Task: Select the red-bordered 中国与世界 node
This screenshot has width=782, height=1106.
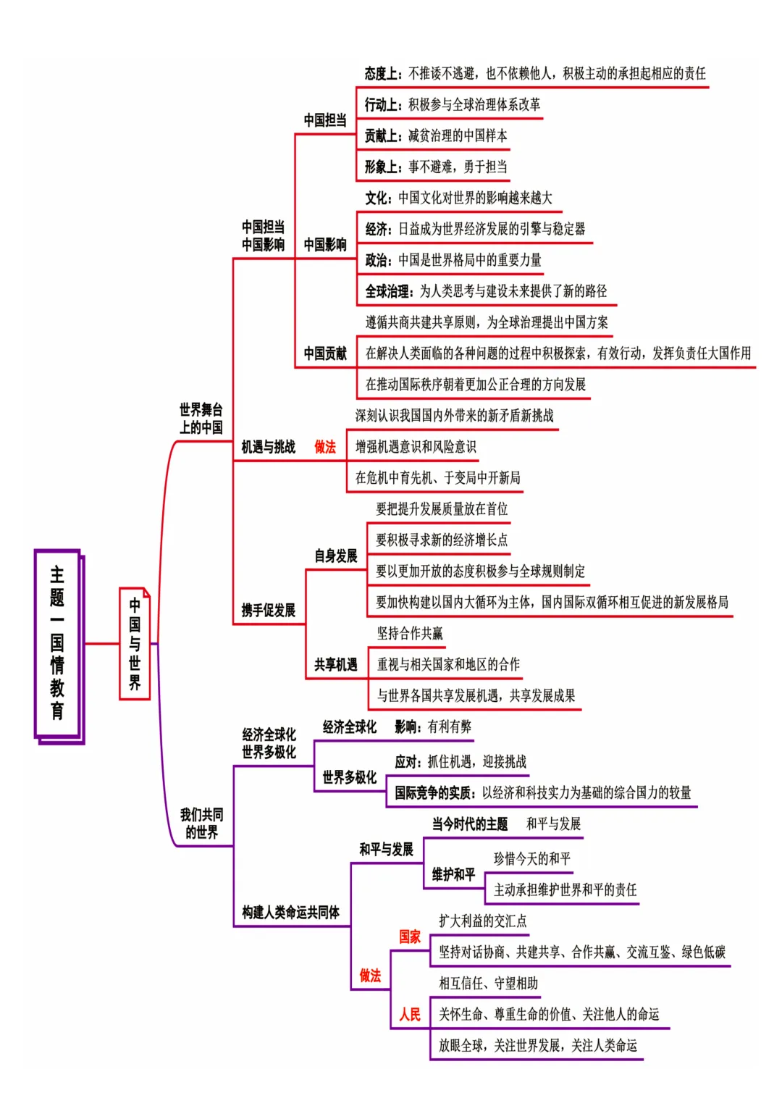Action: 135,643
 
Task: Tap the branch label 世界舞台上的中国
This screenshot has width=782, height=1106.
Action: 201,419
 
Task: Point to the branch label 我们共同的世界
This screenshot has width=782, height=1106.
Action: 201,824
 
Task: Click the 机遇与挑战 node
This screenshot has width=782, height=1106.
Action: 268,447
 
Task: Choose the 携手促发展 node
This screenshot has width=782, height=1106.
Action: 268,610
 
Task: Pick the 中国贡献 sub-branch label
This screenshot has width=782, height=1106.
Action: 325,353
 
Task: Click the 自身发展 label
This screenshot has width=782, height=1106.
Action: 335,556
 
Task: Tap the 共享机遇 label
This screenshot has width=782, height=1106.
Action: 335,664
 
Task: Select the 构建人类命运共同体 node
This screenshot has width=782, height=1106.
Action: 290,912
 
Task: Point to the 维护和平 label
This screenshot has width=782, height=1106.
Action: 453,874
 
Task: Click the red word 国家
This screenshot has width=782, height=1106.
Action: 410,937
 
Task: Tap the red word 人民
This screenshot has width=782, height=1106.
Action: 410,1014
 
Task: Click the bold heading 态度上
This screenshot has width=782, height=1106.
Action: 382,73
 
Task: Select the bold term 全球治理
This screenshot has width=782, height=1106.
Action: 388,291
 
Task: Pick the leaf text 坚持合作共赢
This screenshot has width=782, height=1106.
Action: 410,633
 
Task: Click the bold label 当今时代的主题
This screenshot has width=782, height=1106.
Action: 470,824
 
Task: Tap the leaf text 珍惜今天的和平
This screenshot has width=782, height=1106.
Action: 532,858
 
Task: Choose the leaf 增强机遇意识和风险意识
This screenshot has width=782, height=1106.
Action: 416,447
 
